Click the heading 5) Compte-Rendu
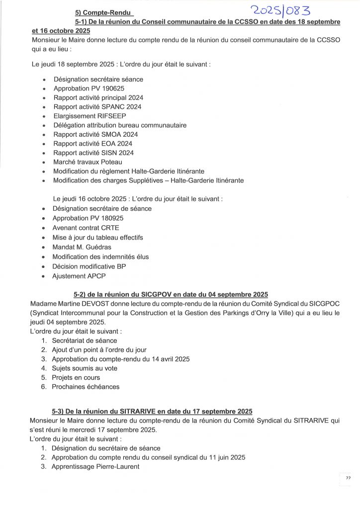[x=99, y=12]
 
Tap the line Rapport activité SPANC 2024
[x=97, y=107]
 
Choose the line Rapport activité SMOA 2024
[x=95, y=134]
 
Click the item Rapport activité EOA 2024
[x=93, y=144]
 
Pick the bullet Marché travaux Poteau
[x=88, y=162]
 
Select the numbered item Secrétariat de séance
[x=85, y=340]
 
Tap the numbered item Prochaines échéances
[x=86, y=387]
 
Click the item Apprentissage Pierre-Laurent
[x=95, y=467]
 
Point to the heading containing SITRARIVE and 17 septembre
[x=152, y=411]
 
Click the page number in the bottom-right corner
[x=348, y=478]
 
